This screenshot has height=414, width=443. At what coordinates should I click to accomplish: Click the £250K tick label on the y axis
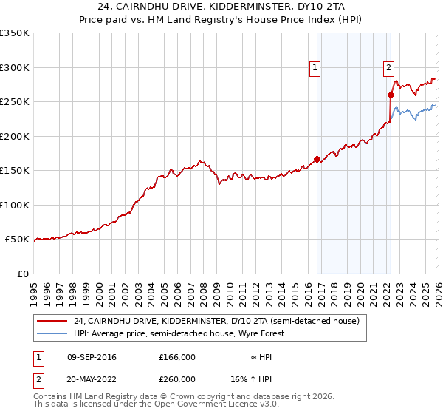(15, 102)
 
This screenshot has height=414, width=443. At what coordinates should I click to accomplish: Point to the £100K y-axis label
(15, 205)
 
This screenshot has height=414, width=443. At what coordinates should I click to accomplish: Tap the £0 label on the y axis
(22, 274)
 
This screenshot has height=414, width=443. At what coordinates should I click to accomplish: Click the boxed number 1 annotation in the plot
(315, 68)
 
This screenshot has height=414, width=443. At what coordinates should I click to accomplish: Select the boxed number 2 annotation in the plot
(388, 68)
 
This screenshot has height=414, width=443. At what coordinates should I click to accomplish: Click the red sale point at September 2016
(317, 159)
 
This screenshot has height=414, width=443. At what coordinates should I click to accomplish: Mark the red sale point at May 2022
(391, 95)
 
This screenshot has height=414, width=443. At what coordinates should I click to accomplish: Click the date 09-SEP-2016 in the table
(92, 357)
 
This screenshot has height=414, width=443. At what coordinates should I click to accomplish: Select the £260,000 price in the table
(177, 379)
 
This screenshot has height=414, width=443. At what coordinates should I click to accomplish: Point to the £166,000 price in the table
(177, 357)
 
